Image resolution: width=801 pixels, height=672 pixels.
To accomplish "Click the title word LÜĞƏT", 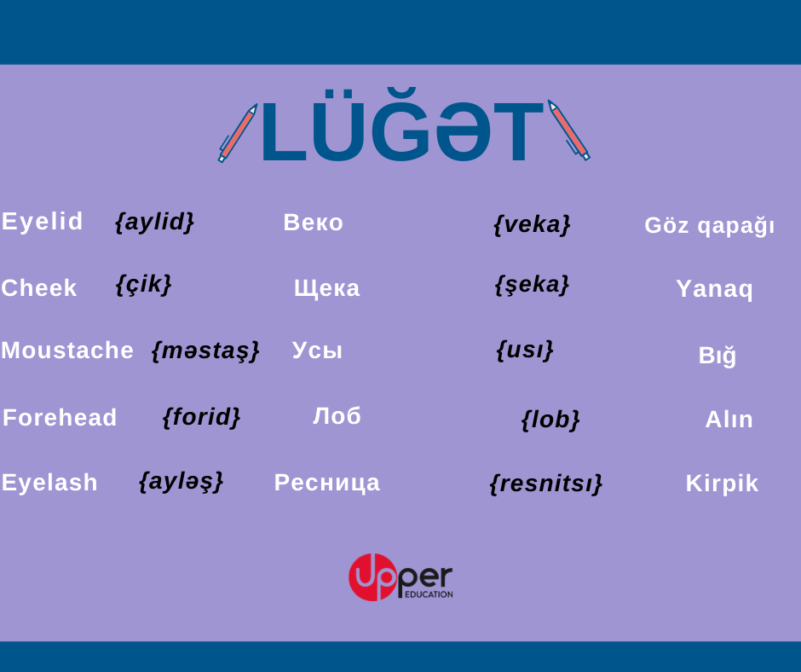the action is click(x=402, y=125).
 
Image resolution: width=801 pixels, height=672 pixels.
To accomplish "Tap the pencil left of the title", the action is click(x=238, y=133).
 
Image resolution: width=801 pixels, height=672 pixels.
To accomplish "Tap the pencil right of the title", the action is click(x=568, y=130).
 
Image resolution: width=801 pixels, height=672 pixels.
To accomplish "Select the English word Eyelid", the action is click(x=42, y=222).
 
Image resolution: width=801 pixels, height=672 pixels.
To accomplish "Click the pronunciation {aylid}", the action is click(x=155, y=222).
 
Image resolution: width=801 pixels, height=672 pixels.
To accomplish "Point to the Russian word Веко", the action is click(x=313, y=223).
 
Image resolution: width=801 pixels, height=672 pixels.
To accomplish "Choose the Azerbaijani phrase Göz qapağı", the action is click(x=710, y=225).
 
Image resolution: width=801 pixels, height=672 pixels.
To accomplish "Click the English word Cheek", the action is click(x=39, y=288).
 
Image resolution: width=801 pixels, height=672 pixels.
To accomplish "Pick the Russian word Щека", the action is click(x=327, y=288).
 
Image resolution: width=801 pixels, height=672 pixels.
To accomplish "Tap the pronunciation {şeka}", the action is click(x=532, y=285).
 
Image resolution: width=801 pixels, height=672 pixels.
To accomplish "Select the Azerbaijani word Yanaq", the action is click(x=714, y=289).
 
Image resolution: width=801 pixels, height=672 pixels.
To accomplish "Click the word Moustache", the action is click(x=67, y=350).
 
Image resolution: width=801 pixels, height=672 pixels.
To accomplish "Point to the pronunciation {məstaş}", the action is click(x=206, y=351).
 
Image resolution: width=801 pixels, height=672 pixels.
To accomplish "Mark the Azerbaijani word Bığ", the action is click(x=717, y=355).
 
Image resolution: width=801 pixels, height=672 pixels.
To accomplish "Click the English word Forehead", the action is click(x=60, y=417).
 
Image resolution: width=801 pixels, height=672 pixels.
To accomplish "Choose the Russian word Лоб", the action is click(x=337, y=416).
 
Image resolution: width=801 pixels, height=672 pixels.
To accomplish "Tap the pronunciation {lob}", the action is click(x=550, y=420).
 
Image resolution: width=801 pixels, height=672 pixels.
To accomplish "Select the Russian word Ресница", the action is click(x=327, y=483).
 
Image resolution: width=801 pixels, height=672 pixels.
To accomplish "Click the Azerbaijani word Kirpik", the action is click(x=722, y=484).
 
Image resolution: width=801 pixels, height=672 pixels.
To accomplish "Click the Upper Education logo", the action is click(x=400, y=576).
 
